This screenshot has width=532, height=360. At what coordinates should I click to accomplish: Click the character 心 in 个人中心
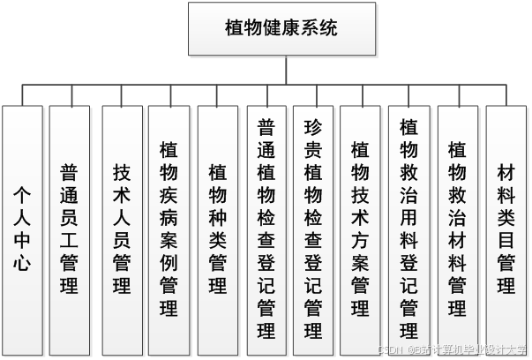[x=22, y=262]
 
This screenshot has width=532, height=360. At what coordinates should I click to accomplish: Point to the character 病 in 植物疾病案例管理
[x=169, y=216]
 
